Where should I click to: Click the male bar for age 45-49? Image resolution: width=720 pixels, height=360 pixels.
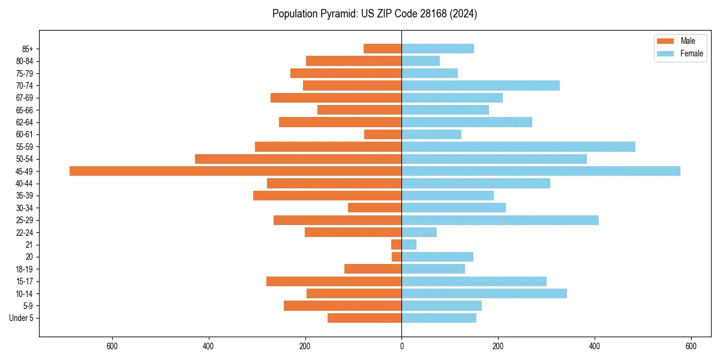tap(235, 171)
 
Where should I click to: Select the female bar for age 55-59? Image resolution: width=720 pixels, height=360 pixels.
tap(518, 147)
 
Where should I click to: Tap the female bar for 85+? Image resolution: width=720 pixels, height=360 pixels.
tap(437, 49)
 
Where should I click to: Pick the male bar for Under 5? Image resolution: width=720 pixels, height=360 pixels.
tap(364, 318)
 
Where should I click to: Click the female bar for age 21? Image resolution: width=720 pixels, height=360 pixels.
tap(409, 245)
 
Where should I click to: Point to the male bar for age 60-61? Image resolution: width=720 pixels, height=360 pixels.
tap(383, 134)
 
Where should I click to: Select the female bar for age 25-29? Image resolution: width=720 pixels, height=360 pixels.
tap(500, 220)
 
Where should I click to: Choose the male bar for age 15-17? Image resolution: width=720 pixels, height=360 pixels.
tap(334, 281)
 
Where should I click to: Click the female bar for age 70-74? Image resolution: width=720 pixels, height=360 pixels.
tap(481, 86)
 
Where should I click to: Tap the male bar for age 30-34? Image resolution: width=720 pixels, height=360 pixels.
tap(374, 208)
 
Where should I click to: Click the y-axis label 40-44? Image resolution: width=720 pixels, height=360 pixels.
tap(25, 184)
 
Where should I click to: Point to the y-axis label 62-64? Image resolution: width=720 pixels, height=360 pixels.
tap(25, 122)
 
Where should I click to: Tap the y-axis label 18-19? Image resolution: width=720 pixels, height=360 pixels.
tap(25, 269)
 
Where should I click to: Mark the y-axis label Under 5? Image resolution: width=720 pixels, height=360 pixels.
tap(21, 318)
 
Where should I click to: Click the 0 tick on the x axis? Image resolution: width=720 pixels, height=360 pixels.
tap(401, 346)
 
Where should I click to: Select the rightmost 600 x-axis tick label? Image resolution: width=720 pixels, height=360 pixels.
tap(691, 346)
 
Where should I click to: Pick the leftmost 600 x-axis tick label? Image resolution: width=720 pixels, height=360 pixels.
tap(112, 346)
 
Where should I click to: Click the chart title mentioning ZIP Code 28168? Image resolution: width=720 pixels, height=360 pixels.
tap(374, 14)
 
